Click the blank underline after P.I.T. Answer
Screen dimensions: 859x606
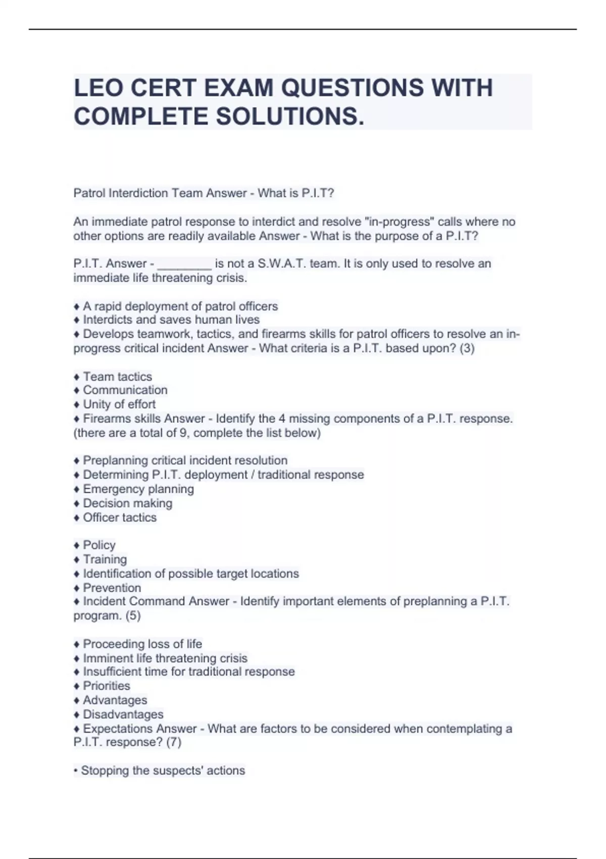184,264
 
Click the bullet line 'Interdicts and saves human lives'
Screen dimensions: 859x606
171,320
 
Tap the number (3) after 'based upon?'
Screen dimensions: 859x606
467,348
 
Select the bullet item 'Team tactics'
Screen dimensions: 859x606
117,376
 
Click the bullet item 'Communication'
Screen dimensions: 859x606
125,390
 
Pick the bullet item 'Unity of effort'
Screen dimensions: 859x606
119,404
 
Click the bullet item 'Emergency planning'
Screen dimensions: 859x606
138,489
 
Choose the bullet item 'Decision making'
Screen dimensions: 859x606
127,503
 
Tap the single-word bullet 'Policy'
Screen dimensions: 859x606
99,545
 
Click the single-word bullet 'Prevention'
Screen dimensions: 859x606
112,588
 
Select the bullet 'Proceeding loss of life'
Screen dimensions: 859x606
142,644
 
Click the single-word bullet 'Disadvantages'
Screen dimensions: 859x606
123,714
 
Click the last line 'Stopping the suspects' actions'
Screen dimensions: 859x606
163,771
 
